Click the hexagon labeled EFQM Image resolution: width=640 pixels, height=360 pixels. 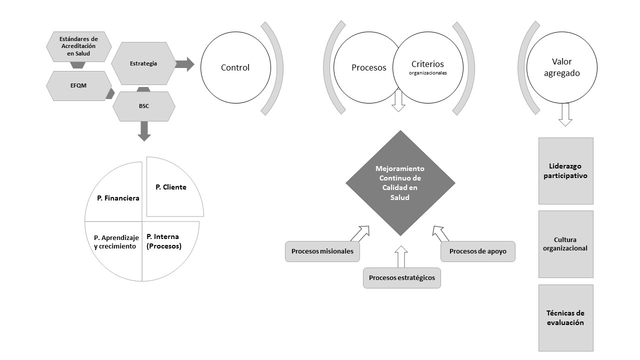pos(78,86)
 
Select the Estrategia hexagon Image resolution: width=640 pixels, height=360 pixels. pos(143,63)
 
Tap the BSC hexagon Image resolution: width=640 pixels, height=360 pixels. pos(144,106)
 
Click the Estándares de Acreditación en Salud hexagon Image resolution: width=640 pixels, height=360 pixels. pos(78,46)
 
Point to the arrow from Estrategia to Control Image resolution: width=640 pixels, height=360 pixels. pos(185,64)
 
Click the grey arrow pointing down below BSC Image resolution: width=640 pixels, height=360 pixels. pos(144,130)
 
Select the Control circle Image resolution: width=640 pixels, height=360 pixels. pos(235,67)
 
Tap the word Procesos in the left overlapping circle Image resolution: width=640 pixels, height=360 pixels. pos(368,67)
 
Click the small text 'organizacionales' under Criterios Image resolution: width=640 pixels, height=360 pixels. pos(427,72)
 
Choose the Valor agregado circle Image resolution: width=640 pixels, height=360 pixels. pos(561,67)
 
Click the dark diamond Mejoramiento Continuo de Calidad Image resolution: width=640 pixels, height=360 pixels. pos(400,183)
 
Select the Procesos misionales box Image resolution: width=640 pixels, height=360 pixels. pos(322,251)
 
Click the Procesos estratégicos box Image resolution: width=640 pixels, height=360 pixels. pos(401,277)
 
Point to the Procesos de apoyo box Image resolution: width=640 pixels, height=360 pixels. pos(477,251)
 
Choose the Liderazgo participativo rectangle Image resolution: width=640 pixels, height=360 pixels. pos(565,170)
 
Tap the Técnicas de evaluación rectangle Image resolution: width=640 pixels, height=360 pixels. pos(565,318)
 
